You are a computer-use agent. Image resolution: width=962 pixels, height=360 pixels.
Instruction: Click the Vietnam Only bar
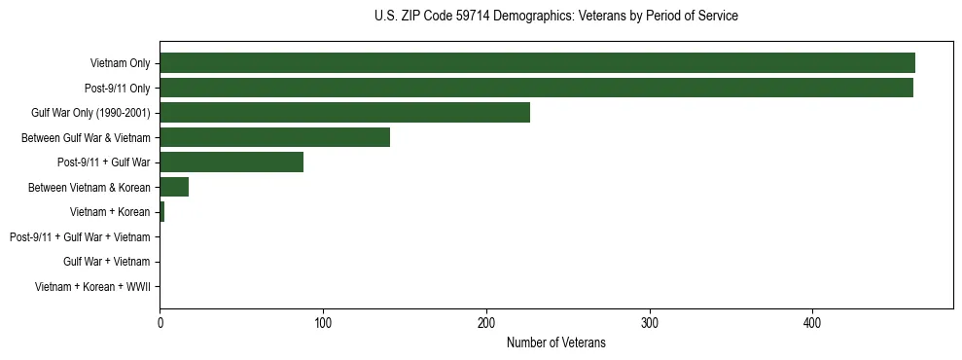click(537, 62)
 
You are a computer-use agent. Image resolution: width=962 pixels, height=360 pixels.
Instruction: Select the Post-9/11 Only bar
click(536, 88)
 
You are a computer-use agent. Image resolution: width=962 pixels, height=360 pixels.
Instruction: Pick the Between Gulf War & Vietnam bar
click(274, 137)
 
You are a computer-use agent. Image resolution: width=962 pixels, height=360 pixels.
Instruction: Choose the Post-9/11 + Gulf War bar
click(232, 162)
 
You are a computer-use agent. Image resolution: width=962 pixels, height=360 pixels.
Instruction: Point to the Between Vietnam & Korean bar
click(174, 187)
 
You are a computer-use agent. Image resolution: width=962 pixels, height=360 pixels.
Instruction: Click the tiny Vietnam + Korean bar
click(161, 212)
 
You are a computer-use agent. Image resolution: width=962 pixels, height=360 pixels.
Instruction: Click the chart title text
click(555, 16)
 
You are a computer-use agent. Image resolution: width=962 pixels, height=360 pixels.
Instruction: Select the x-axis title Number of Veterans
click(555, 342)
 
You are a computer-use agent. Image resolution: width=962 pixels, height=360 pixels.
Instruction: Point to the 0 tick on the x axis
click(160, 322)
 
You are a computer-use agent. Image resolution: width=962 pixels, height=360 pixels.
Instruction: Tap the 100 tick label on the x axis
click(323, 322)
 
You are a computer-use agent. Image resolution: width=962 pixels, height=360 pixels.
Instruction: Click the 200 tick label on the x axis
click(486, 322)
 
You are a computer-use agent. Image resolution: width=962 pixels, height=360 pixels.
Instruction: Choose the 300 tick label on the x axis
click(650, 322)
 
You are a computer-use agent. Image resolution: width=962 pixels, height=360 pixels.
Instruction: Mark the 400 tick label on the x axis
click(813, 322)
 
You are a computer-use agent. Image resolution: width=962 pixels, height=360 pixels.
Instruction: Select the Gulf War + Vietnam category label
click(106, 262)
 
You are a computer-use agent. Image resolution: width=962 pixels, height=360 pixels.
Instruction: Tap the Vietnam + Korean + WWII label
click(92, 287)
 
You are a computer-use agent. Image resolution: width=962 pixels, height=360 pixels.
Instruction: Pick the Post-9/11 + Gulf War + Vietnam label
click(80, 237)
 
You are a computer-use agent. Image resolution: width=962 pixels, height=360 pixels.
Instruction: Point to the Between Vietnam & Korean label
click(89, 187)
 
